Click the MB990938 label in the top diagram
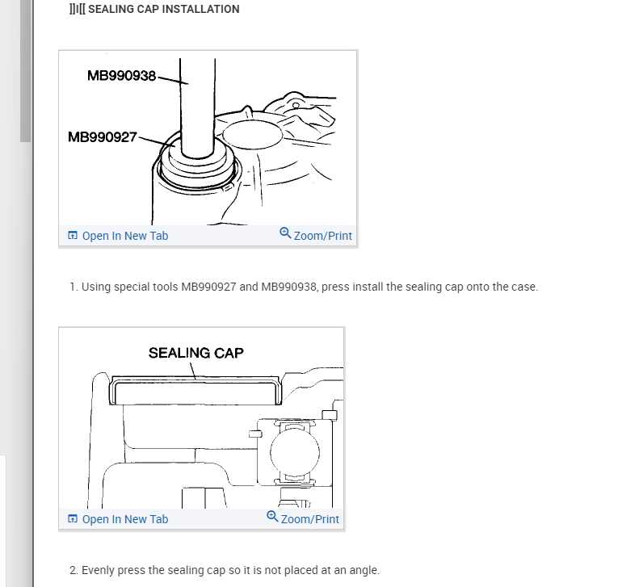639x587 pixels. pos(121,76)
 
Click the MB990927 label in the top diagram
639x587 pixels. pos(103,137)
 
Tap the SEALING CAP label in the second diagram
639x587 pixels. pos(195,353)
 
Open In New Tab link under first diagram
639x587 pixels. pos(124,236)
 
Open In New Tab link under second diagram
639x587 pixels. pos(124,519)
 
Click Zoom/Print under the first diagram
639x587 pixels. pos(322,236)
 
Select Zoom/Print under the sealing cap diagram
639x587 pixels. pos(309,519)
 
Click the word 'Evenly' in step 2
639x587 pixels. pos(99,570)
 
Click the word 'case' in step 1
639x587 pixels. pos(522,287)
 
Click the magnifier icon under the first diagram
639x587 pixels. pos(285,233)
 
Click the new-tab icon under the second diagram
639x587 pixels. pos(73,519)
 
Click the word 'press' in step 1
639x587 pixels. pos(335,287)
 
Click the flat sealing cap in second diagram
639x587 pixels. pos(194,391)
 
